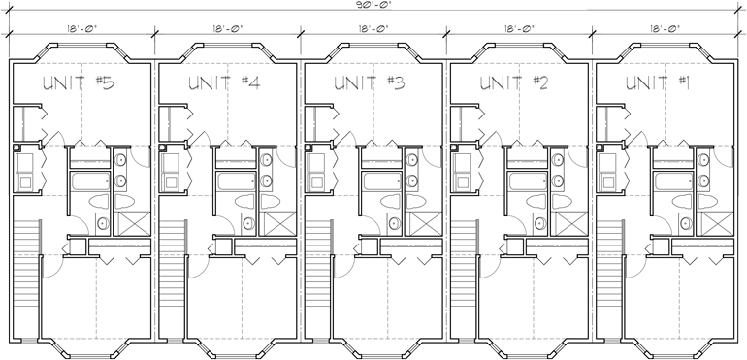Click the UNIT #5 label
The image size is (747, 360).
[x=81, y=84]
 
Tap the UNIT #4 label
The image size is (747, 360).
[x=226, y=84]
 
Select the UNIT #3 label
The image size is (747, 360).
[x=370, y=84]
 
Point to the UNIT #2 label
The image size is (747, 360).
[x=516, y=84]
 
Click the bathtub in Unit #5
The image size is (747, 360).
[x=89, y=180]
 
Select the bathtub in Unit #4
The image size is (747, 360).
[x=235, y=180]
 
